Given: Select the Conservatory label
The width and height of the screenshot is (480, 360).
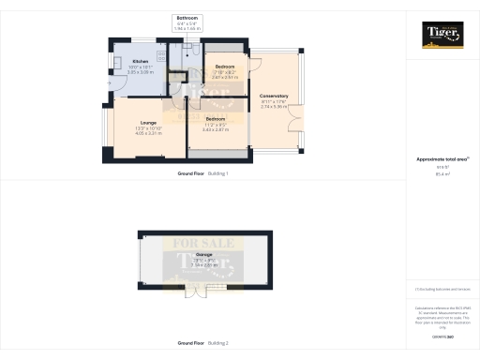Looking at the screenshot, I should (274, 97).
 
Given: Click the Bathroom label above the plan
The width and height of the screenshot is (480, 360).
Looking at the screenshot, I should (187, 19).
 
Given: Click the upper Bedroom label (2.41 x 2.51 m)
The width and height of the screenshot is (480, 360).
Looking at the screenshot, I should (225, 67).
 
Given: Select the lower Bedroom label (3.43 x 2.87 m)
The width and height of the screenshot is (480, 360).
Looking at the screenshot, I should (217, 119).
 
